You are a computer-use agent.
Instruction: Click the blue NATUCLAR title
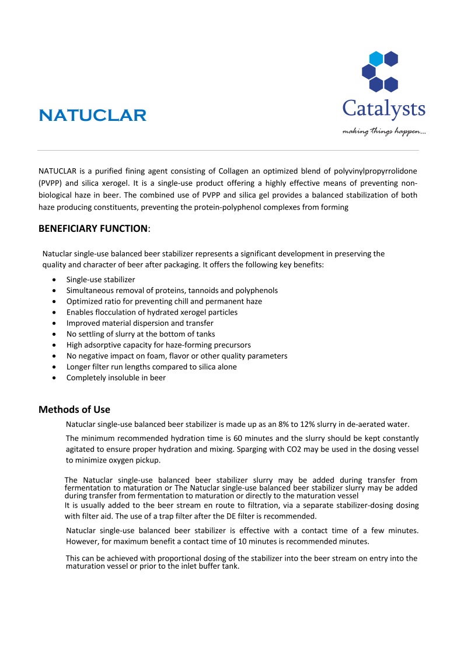pos(92,115)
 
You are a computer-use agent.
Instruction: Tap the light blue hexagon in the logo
pos(376,58)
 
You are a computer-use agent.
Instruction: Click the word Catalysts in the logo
pos(383,109)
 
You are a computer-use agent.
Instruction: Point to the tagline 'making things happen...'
pos(383,131)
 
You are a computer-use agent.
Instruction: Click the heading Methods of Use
pos(74,409)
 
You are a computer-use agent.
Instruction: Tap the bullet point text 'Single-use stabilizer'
pos(100,280)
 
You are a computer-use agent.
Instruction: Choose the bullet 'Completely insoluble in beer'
pos(116,378)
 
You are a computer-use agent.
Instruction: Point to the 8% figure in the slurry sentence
pos(295,424)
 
